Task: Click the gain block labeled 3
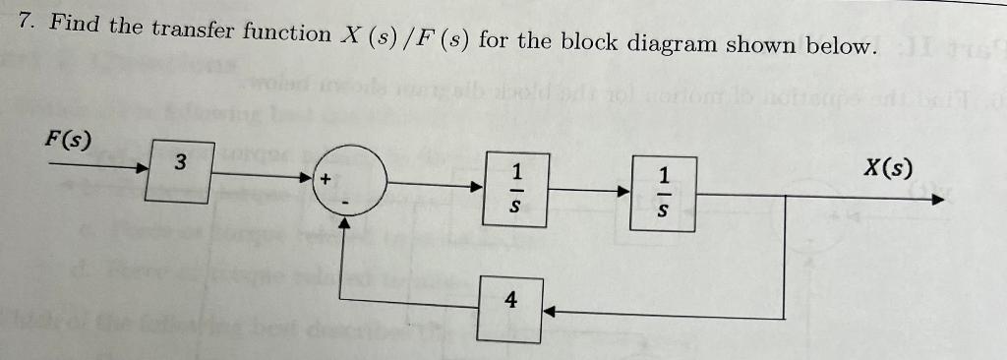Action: point(180,169)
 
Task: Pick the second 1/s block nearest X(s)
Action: point(663,191)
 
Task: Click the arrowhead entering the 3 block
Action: point(142,167)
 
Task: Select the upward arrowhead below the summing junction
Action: point(344,222)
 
